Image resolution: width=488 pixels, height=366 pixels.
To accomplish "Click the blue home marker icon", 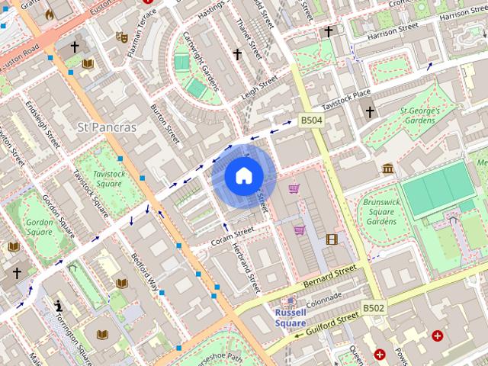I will (243, 176).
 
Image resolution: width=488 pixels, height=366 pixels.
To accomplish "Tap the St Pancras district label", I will (107, 127).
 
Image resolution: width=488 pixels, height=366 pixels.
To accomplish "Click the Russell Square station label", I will (290, 318).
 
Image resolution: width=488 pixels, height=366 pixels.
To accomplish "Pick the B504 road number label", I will (310, 120).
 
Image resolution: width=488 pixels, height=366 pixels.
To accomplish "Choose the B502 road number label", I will (373, 307).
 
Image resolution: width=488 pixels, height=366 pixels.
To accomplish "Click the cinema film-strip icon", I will (331, 239).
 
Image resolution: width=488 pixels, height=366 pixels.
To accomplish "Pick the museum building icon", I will (387, 169).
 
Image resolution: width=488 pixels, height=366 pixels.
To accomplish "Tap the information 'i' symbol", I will (59, 306).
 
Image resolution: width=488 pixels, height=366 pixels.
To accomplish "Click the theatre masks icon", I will (120, 36).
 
